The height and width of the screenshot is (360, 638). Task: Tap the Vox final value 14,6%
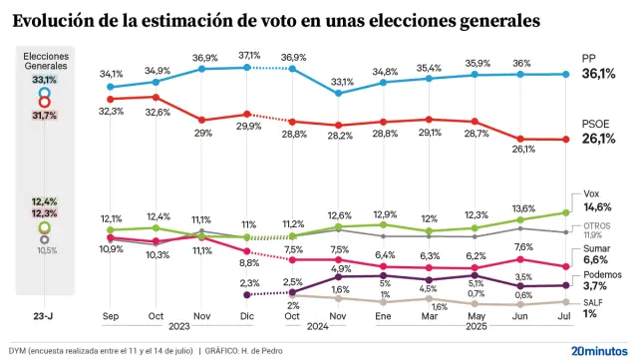[598, 206]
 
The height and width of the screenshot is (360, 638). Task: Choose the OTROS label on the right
[597, 224]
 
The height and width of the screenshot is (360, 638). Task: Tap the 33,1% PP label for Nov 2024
[343, 82]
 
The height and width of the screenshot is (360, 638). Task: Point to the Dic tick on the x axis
[248, 316]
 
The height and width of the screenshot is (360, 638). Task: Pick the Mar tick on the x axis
[430, 316]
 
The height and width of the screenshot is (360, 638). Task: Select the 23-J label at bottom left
[44, 316]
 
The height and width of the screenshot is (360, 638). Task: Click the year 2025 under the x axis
[476, 327]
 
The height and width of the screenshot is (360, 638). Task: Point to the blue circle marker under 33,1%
[44, 92]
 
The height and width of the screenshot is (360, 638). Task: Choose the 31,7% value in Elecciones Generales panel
[44, 116]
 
